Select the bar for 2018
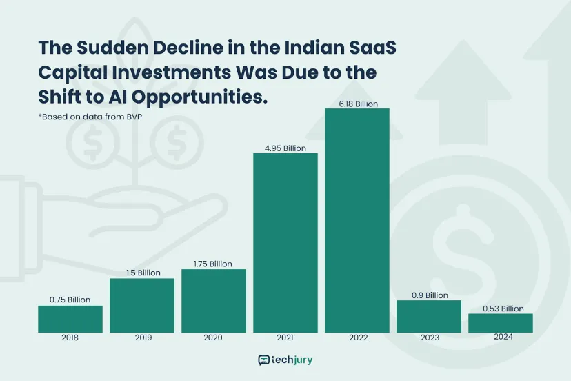(x=70, y=319)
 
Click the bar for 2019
(x=142, y=305)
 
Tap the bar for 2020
(x=214, y=300)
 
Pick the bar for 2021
(x=285, y=242)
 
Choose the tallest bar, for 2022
(x=357, y=220)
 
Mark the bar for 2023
(x=429, y=316)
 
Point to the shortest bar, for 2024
(x=501, y=323)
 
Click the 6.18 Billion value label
(x=357, y=104)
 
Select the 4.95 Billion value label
(x=285, y=148)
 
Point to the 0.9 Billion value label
(x=429, y=295)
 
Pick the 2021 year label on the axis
(x=285, y=338)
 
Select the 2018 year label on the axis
(x=70, y=338)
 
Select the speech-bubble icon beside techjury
(x=263, y=360)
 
